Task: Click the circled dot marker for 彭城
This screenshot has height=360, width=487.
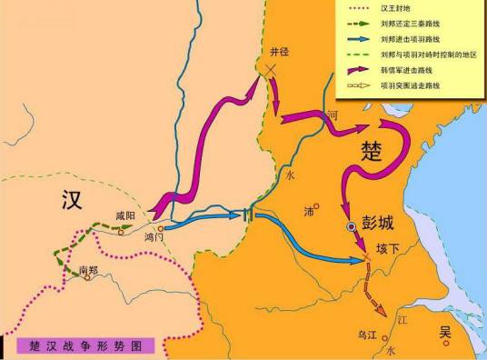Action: [x=352, y=225]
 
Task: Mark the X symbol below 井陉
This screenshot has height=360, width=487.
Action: [x=269, y=72]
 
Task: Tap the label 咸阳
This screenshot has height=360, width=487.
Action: [x=124, y=215]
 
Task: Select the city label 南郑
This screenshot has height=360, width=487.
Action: [x=87, y=269]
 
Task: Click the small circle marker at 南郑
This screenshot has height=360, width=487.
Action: [x=87, y=278]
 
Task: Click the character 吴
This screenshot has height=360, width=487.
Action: [x=445, y=333]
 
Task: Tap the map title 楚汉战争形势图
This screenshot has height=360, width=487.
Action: [x=85, y=345]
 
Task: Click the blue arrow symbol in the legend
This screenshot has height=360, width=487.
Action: [x=357, y=39]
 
